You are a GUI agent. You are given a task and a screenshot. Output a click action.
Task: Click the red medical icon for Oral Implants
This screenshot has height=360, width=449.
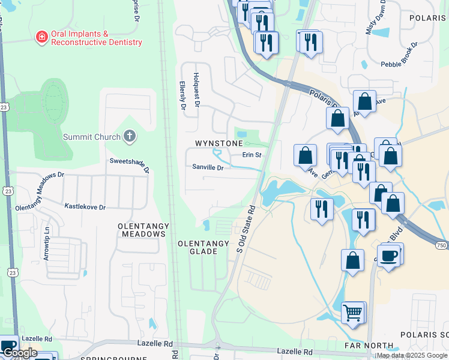[x=41, y=37]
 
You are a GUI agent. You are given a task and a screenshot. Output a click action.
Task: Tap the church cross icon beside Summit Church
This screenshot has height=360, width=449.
[x=129, y=136]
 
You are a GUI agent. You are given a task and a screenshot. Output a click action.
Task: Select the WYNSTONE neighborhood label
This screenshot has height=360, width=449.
[x=218, y=144]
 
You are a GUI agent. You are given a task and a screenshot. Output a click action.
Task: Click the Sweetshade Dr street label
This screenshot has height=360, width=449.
[x=129, y=164]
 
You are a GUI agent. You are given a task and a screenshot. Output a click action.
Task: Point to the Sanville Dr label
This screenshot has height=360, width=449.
[x=208, y=168]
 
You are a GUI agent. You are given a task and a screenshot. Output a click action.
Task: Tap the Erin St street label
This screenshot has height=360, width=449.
[x=252, y=155]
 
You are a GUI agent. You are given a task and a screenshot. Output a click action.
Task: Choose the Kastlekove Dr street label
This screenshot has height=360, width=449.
[x=85, y=207]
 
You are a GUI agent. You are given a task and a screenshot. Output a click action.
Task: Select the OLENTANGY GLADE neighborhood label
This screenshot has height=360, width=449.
[x=203, y=247]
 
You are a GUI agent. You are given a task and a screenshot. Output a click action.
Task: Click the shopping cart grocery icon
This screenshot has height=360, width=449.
[x=353, y=312]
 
